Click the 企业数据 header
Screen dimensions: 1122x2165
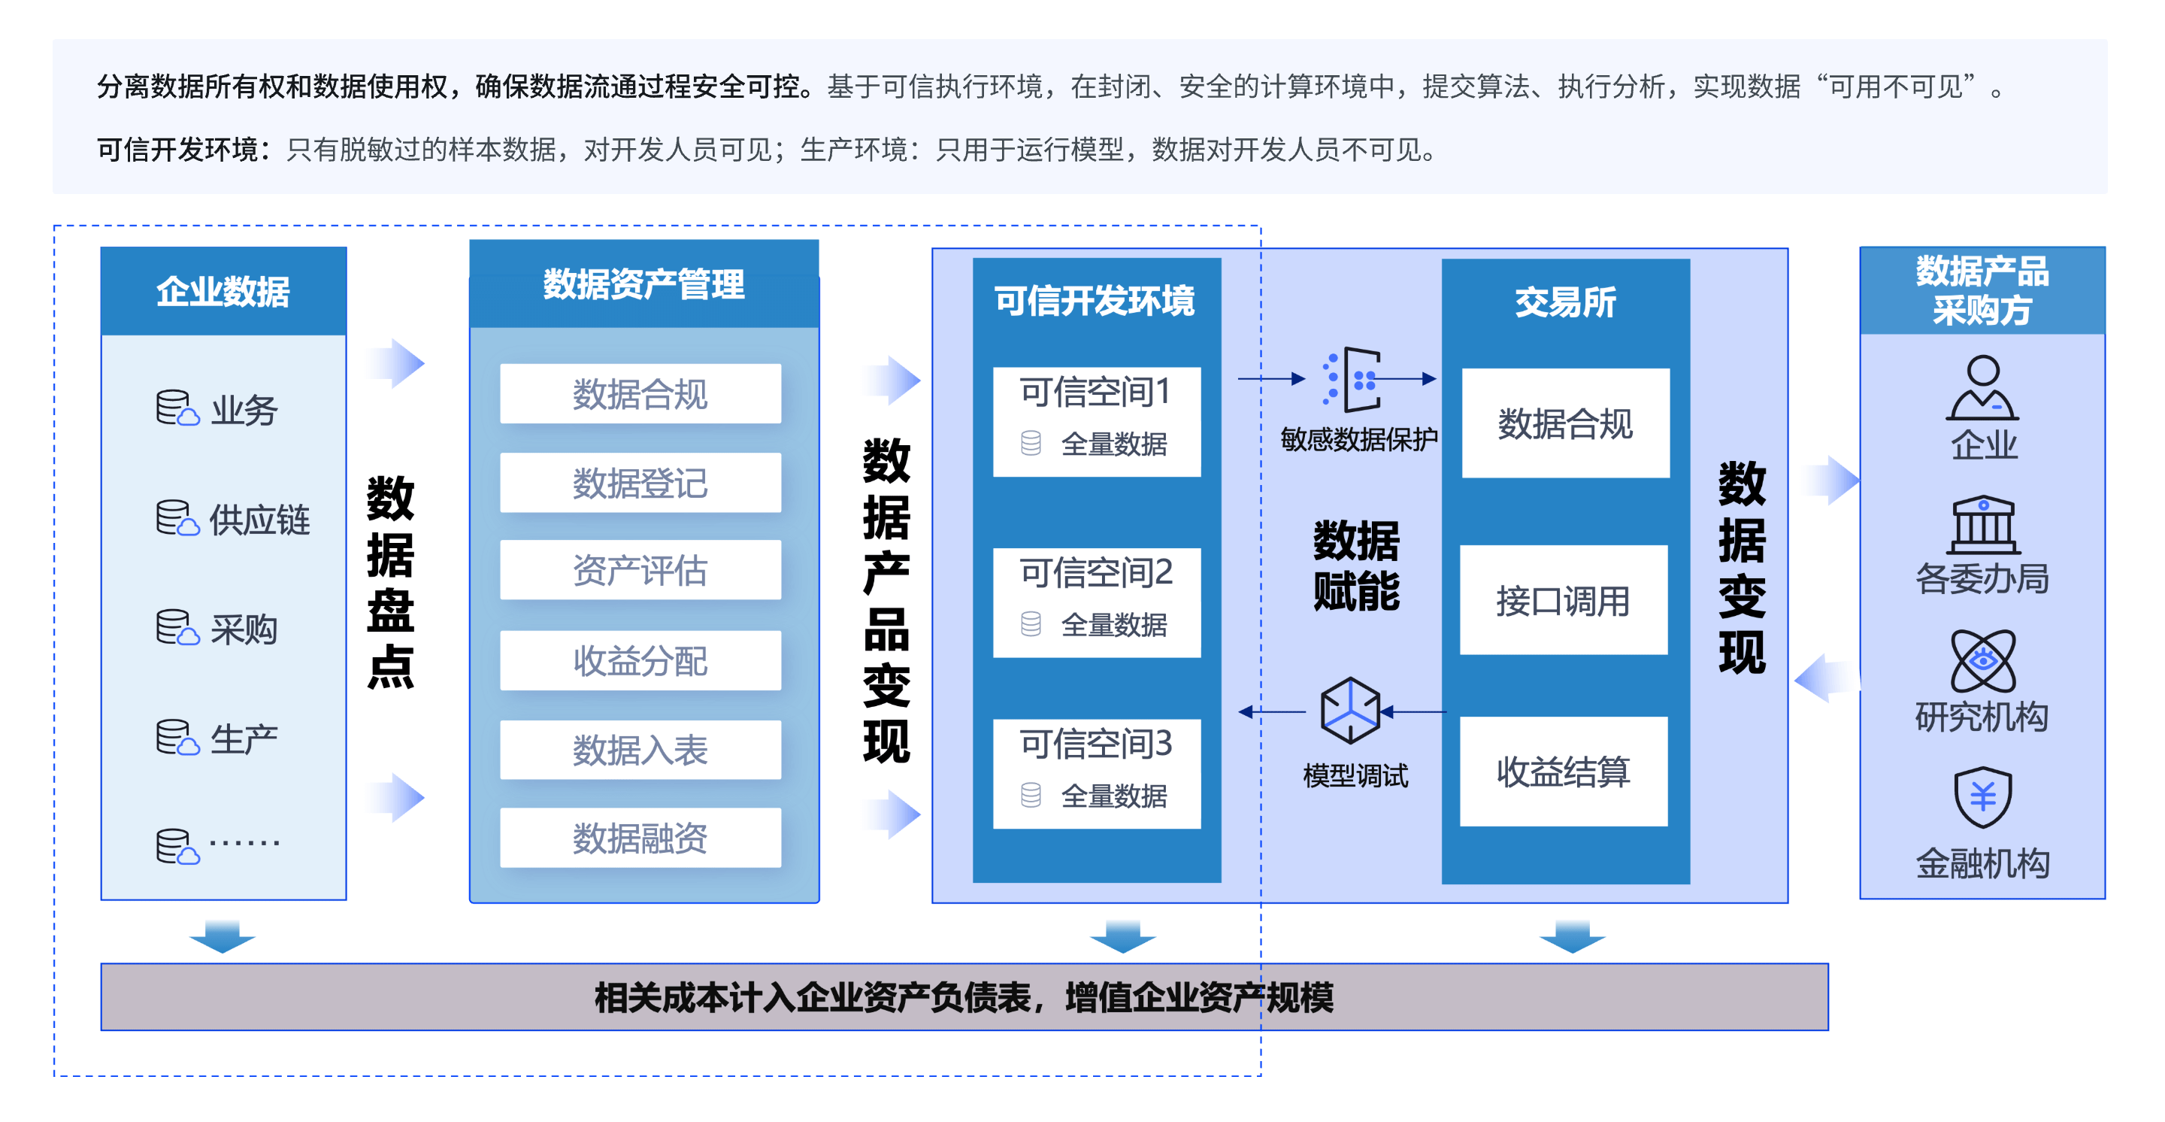coord(223,292)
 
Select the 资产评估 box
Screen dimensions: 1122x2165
coord(640,571)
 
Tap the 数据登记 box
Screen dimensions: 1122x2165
coord(640,484)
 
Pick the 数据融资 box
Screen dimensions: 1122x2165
coord(640,838)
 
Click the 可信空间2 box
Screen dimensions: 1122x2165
coord(1096,602)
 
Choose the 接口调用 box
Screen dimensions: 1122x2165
coord(1564,600)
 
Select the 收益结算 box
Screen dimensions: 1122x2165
coord(1564,772)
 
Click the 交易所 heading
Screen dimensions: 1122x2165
coord(1565,302)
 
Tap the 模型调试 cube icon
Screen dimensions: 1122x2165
coord(1350,710)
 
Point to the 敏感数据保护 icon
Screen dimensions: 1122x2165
coord(1353,379)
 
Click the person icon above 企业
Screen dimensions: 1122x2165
coord(1982,388)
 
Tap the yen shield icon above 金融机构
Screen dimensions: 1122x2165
coord(1982,796)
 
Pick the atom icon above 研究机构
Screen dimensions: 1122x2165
coord(1982,660)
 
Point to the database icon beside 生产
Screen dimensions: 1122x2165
coord(177,737)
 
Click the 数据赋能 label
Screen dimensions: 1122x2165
coord(1355,565)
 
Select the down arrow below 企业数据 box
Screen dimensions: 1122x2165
coord(222,936)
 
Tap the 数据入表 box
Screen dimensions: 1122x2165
coord(640,750)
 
